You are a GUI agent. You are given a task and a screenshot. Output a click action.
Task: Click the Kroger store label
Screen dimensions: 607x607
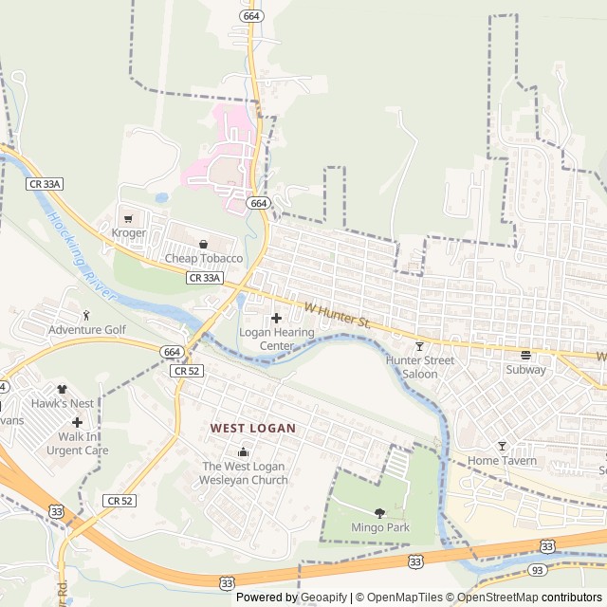point(129,232)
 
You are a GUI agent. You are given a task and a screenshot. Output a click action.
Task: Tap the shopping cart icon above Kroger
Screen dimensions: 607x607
point(128,218)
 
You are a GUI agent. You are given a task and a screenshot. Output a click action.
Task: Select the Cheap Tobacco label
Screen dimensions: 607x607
point(204,258)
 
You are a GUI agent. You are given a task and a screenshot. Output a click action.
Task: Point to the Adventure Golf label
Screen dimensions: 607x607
point(86,329)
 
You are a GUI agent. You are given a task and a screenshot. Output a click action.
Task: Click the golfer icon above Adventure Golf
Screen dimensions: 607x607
point(86,315)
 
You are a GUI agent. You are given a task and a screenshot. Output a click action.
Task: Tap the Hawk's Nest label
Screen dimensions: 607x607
point(62,403)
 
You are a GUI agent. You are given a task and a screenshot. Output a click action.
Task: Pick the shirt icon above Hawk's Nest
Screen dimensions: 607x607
point(63,388)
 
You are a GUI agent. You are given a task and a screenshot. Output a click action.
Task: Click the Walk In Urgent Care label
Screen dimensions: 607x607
point(78,443)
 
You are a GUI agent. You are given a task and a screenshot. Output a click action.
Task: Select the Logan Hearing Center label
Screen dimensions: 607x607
point(277,339)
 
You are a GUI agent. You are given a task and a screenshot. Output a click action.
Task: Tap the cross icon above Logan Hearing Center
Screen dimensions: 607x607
point(277,318)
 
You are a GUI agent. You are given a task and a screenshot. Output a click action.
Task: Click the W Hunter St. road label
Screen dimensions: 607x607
point(337,315)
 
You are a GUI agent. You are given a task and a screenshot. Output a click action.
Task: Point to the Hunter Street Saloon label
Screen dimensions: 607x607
point(419,367)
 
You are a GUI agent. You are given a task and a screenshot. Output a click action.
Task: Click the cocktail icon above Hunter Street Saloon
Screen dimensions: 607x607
point(419,346)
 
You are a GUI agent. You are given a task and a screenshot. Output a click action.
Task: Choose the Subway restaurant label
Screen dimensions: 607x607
point(525,370)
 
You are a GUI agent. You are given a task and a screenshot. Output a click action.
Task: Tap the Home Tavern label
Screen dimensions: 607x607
point(502,461)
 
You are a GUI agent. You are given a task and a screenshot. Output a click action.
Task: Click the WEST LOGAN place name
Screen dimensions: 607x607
point(253,429)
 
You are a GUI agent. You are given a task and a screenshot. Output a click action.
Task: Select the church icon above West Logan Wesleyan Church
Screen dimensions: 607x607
point(244,451)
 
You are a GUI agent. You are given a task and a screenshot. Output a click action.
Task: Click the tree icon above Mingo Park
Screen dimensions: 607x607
point(379,512)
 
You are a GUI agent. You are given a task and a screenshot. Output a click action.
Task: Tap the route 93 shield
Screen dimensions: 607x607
point(536,570)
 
